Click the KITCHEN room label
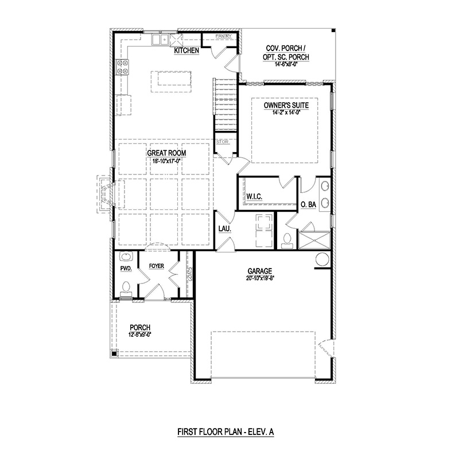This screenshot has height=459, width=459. click(x=186, y=51)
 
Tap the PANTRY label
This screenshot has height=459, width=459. click(x=223, y=36)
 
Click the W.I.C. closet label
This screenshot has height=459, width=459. click(x=254, y=197)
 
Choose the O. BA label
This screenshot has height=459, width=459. click(x=309, y=204)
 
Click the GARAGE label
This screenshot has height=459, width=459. click(x=259, y=271)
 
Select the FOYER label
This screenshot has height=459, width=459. click(x=157, y=266)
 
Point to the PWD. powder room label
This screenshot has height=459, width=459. click(x=126, y=268)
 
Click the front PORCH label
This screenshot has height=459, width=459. click(x=140, y=327)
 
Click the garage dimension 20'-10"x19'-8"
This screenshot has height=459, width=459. click(x=259, y=278)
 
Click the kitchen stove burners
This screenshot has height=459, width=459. click(x=123, y=67)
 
